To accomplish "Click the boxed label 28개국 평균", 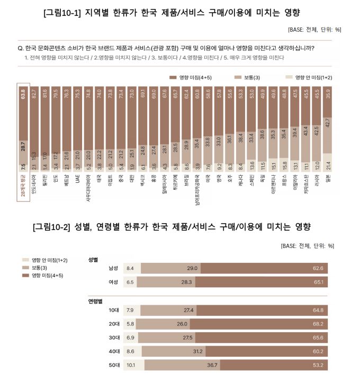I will [23, 185].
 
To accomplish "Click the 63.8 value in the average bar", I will [23, 95].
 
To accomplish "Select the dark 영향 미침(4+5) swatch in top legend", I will [173, 77].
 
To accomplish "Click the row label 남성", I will [113, 269].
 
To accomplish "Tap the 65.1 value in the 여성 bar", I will [318, 282].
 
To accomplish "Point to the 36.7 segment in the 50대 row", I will [212, 365].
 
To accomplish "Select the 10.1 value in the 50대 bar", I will [130, 365].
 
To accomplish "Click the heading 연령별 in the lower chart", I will [96, 301].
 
